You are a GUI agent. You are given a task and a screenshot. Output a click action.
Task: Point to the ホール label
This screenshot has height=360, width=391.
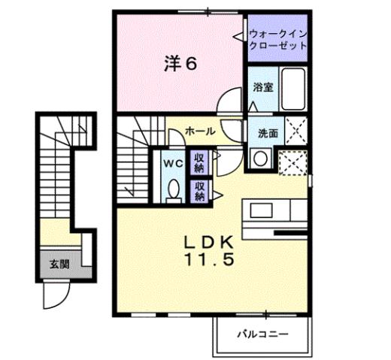point(200,131)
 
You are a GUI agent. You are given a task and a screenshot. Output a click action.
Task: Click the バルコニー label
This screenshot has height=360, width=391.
point(262,331)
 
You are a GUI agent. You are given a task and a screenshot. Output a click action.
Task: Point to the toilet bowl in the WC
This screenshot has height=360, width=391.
point(172,191)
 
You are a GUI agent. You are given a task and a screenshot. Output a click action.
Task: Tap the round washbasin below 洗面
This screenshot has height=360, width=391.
point(261,159)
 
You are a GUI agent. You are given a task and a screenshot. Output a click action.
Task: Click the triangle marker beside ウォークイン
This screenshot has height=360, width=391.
point(244,35)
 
